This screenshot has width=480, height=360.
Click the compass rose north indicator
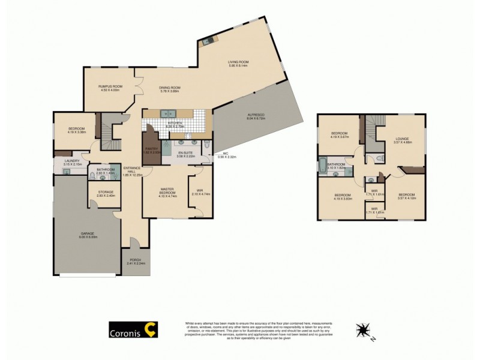pyautogui.click(x=362, y=331)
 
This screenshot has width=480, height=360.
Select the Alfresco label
pyautogui.click(x=256, y=116)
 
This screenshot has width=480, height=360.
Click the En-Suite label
pyautogui.click(x=186, y=154)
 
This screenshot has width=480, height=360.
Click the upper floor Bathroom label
pyautogui.click(x=336, y=166)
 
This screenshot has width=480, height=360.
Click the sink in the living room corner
pyautogui.click(x=207, y=41)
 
